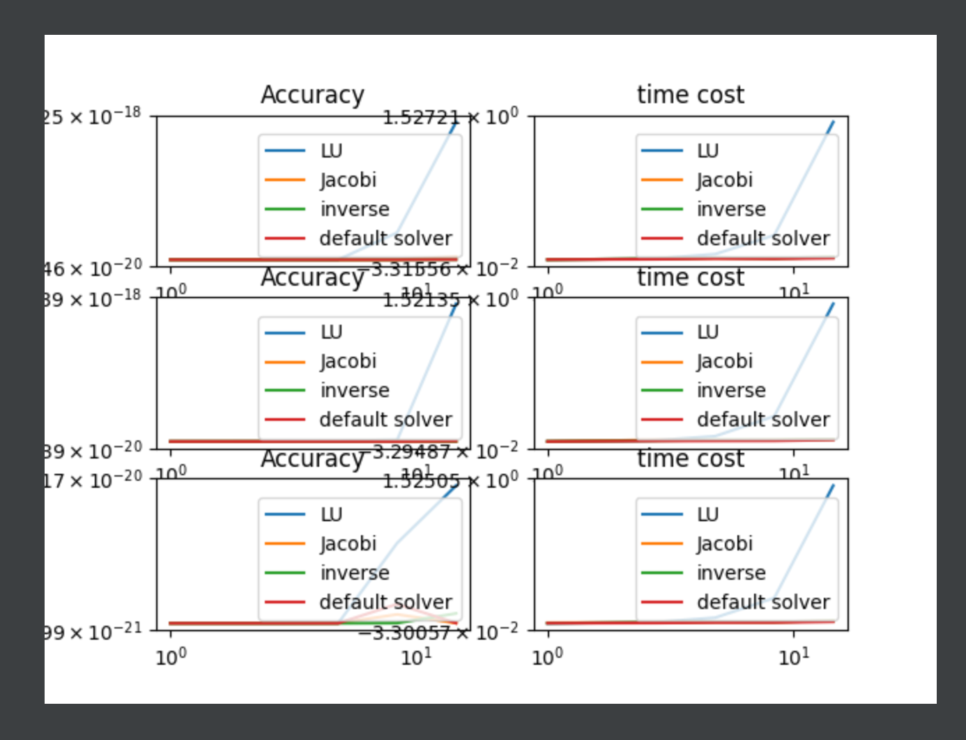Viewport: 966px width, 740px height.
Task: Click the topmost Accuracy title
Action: click(312, 94)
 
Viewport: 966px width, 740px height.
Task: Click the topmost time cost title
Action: click(690, 94)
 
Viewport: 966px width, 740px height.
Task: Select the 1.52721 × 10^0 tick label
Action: click(450, 117)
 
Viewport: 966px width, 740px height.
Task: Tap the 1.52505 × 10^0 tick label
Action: click(450, 481)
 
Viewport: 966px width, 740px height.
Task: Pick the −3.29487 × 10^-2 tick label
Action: click(444, 452)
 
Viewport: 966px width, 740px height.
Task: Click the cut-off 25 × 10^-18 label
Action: click(93, 116)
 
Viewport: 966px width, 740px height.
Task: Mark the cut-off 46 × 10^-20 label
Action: click(93, 268)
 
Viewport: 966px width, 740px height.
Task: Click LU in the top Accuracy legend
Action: click(331, 151)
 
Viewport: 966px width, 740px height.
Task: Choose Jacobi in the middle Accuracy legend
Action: click(348, 361)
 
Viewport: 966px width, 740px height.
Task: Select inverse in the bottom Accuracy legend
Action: click(355, 573)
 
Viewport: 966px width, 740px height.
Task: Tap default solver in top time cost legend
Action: click(763, 238)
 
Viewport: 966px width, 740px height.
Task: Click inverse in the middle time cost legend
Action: click(731, 390)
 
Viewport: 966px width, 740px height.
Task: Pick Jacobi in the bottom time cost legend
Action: click(725, 544)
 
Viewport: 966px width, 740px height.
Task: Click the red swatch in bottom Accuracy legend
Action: click(285, 602)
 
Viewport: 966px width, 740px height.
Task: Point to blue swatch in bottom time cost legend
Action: click(661, 514)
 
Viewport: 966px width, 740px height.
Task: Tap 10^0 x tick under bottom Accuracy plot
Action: click(171, 656)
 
